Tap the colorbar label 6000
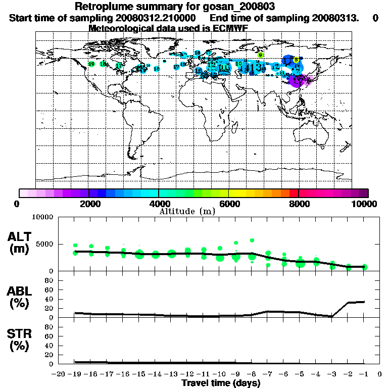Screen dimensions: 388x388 pos(229,204)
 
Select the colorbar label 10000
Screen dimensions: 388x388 pos(365,204)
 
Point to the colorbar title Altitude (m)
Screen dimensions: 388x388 pos(187,211)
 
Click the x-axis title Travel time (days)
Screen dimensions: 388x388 pos(221,383)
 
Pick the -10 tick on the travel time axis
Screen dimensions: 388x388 pos(219,374)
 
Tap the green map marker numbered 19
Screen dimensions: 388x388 pos(91,64)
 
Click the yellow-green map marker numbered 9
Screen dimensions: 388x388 pos(261,55)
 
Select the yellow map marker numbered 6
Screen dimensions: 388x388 pos(297,60)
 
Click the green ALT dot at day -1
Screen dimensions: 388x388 pos(364,267)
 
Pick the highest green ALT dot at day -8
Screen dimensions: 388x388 pos(252,240)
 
